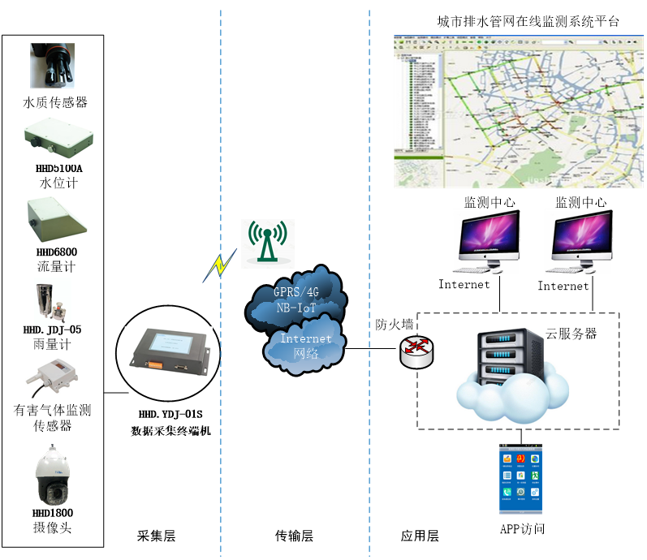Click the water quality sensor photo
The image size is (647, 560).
point(52,65)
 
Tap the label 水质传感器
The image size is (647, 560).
point(55,102)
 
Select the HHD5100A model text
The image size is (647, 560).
point(58,169)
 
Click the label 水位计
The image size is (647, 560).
point(58,183)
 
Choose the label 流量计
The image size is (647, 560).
point(57,266)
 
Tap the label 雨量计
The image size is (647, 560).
point(52,345)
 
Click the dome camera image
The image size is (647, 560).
point(54,476)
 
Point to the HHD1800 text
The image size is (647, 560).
point(53,513)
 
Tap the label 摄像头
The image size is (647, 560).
point(53,528)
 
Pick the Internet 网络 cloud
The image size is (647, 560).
point(304,347)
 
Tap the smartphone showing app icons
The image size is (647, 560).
point(520,479)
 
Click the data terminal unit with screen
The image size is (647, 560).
point(168,351)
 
